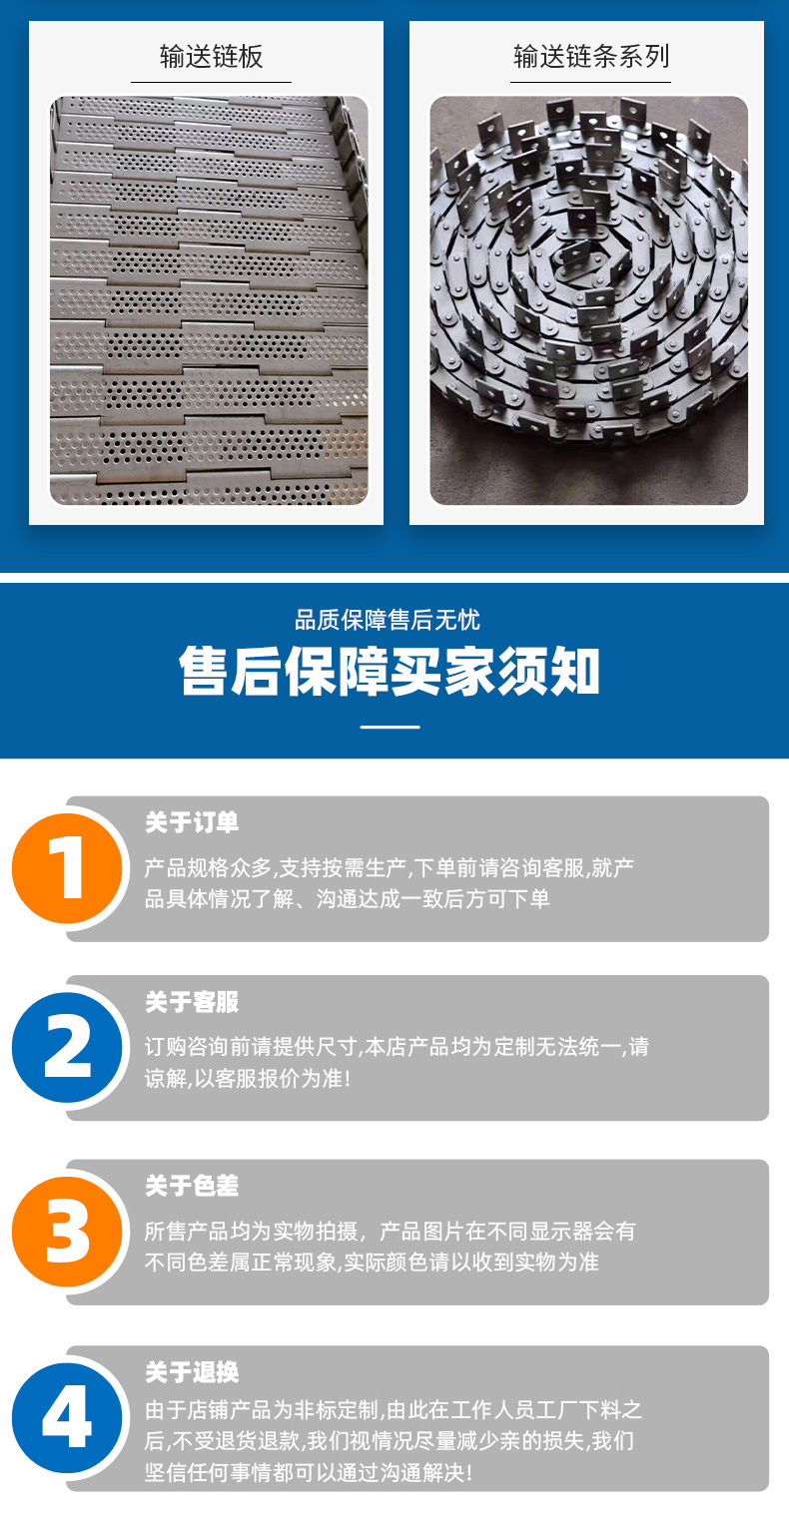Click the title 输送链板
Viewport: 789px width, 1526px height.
point(212,57)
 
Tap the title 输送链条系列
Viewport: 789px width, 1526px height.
point(591,57)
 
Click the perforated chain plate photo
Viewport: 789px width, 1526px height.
point(209,300)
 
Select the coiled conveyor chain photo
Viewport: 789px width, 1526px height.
point(588,300)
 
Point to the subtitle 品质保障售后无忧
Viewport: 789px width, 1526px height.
point(388,620)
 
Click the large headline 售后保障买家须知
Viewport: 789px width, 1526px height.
point(390,672)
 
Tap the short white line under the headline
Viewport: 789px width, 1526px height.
point(390,727)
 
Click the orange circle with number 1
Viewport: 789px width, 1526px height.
point(67,868)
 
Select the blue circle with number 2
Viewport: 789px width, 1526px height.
point(67,1048)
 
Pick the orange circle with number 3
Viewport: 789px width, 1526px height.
point(67,1232)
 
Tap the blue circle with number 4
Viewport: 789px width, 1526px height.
point(67,1418)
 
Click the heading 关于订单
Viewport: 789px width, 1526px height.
point(192,822)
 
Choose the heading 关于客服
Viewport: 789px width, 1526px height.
point(192,1001)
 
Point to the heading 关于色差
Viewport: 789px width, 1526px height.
point(192,1186)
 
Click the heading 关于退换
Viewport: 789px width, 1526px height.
point(192,1372)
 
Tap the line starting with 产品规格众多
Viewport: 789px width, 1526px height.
point(390,868)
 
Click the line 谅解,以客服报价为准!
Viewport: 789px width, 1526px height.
point(248,1079)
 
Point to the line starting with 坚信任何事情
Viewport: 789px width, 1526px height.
point(309,1473)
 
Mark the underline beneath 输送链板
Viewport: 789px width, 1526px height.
point(212,83)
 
